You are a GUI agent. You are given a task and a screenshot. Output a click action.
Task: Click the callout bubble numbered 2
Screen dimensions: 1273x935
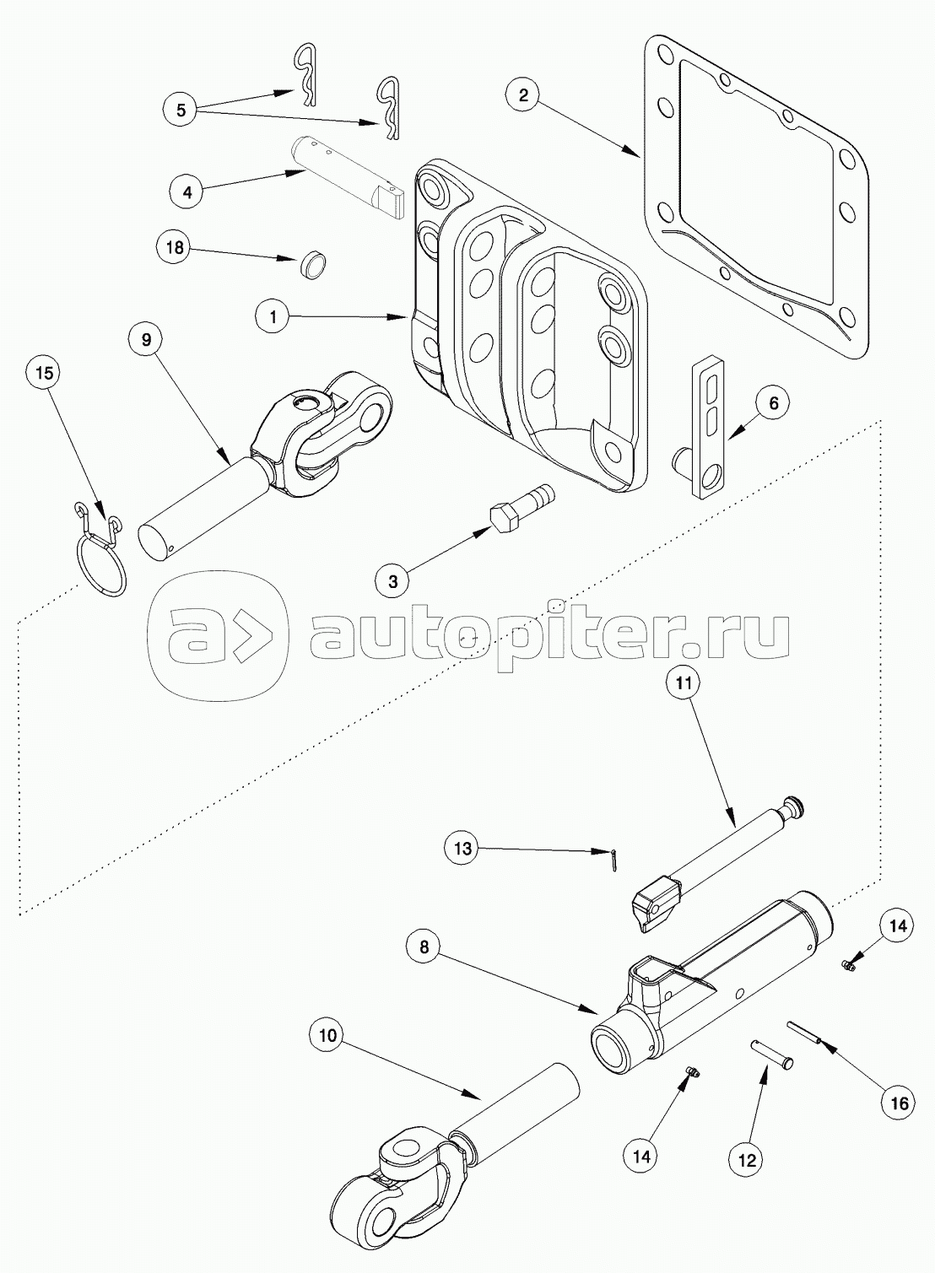click(x=523, y=94)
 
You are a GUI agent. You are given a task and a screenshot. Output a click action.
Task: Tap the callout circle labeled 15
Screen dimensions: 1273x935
click(x=46, y=372)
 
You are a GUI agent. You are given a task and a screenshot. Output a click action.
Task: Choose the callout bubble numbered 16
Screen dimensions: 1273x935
click(x=898, y=1103)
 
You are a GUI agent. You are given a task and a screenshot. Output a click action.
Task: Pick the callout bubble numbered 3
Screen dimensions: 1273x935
click(x=394, y=580)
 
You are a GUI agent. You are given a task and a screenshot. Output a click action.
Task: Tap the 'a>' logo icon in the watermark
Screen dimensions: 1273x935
click(x=216, y=634)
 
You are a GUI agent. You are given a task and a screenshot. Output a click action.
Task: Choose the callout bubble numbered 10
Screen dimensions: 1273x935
click(x=327, y=1036)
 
